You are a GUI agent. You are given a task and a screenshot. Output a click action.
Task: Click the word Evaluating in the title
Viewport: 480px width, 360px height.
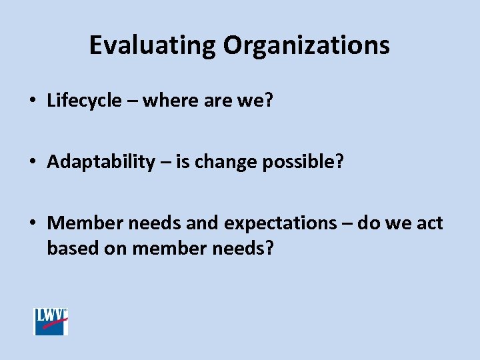click(x=153, y=45)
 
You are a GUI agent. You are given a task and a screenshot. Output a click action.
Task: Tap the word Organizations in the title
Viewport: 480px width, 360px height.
click(x=306, y=45)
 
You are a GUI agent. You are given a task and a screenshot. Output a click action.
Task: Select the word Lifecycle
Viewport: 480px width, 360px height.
click(x=85, y=101)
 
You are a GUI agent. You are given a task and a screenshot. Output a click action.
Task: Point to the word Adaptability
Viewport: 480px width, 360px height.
click(x=101, y=162)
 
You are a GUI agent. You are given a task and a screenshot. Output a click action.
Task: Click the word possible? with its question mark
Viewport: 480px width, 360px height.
click(x=302, y=162)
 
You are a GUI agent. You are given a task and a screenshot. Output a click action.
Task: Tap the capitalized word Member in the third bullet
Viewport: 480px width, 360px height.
click(x=84, y=223)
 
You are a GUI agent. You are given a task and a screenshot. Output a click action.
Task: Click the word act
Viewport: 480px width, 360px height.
click(x=429, y=223)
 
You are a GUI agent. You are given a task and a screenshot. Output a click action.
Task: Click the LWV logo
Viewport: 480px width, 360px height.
click(x=51, y=321)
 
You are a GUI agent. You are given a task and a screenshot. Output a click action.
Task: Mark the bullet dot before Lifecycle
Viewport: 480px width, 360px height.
click(x=32, y=101)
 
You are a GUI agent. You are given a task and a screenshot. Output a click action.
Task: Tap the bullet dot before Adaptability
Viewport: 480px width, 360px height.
click(x=32, y=163)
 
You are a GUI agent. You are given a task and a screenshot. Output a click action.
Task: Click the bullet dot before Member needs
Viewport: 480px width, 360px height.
click(x=32, y=223)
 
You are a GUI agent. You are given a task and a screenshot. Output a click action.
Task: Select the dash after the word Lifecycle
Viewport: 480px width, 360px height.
click(x=132, y=101)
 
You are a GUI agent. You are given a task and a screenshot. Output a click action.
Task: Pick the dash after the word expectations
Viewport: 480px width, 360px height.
click(x=347, y=223)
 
